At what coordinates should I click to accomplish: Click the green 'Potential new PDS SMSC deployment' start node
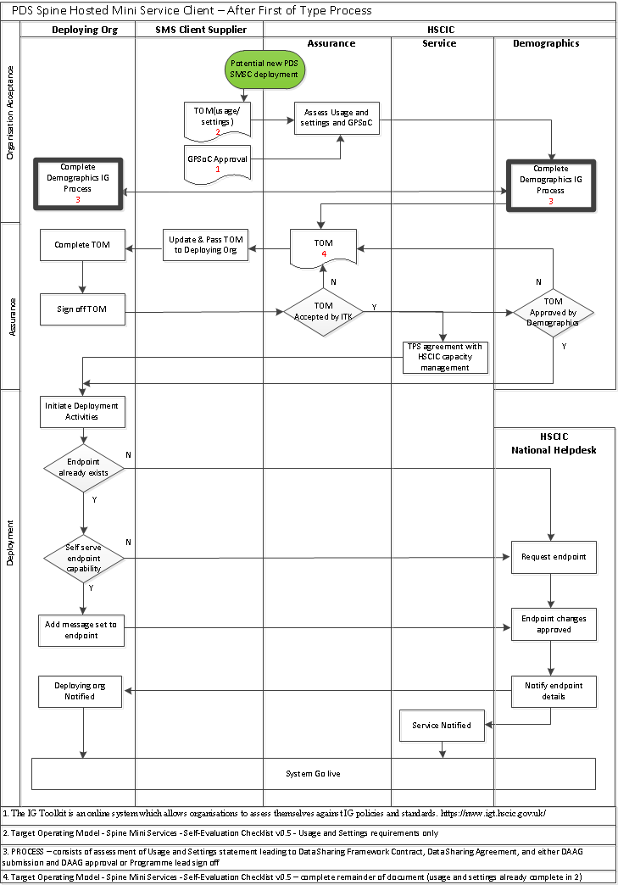264,69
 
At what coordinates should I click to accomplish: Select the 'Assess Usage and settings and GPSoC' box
337,118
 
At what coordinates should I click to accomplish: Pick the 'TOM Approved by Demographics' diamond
553,313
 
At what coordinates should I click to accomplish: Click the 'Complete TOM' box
82,245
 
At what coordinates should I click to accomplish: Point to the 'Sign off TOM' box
82,309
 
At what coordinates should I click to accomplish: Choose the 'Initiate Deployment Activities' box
82,411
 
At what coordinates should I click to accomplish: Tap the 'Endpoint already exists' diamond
83,467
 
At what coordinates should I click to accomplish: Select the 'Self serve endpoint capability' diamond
83,558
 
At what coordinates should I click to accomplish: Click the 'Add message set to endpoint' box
82,630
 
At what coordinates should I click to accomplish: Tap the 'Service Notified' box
442,726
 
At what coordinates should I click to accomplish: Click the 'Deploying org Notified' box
82,691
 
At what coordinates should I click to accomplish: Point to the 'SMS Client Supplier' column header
201,30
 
